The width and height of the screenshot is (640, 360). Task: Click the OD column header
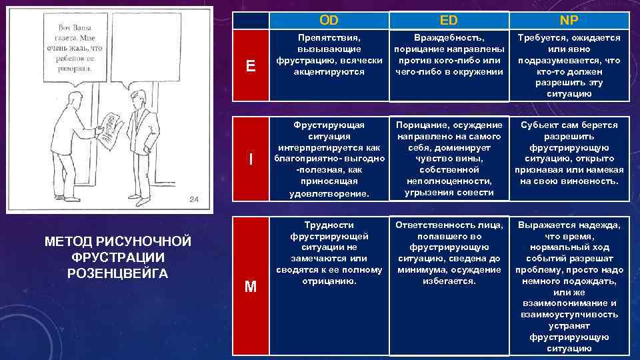pyautogui.click(x=329, y=20)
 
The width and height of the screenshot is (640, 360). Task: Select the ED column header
pyautogui.click(x=449, y=20)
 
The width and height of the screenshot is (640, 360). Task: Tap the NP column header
pyautogui.click(x=569, y=20)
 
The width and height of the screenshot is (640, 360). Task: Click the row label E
pyautogui.click(x=251, y=66)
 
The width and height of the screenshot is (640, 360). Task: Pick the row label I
pyautogui.click(x=251, y=159)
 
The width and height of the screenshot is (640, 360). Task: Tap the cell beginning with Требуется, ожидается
pyautogui.click(x=569, y=65)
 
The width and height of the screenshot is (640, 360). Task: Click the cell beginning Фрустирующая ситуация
pyautogui.click(x=329, y=159)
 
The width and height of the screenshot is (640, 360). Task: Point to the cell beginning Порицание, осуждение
pyautogui.click(x=449, y=159)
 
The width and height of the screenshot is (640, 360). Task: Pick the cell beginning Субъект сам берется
pyautogui.click(x=569, y=153)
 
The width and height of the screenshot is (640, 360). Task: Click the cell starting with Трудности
pyautogui.click(x=329, y=253)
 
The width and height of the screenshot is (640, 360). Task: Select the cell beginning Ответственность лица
pyautogui.click(x=449, y=253)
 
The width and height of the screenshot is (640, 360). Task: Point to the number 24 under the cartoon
pyautogui.click(x=193, y=199)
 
